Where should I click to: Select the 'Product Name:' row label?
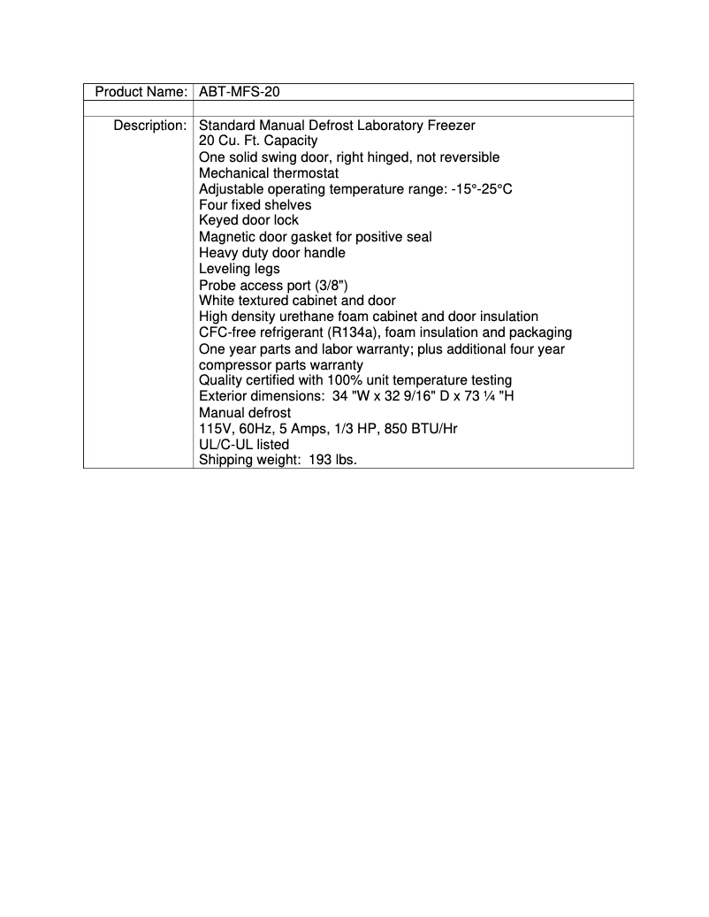[x=141, y=92]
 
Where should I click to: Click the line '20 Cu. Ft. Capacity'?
[x=258, y=141]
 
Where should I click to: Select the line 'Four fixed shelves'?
[x=255, y=205]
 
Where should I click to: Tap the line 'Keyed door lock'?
[x=249, y=221]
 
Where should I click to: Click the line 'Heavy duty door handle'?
[x=272, y=253]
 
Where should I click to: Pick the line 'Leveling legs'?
[x=240, y=269]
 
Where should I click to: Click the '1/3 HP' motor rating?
[x=359, y=428]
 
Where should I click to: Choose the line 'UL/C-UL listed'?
[x=244, y=444]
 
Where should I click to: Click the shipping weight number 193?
[x=322, y=460]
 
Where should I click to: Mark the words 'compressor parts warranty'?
[x=281, y=364]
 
